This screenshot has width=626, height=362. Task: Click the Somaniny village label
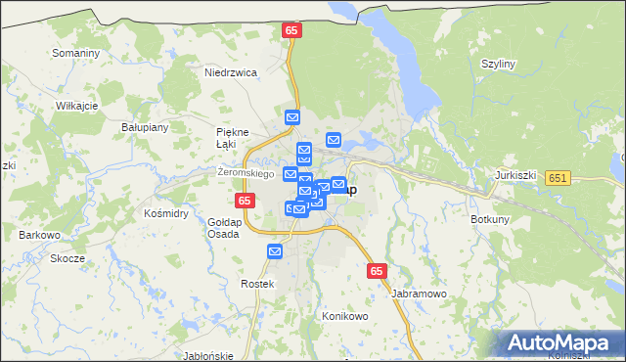pyautogui.click(x=76, y=52)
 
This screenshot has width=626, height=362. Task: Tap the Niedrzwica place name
pyautogui.click(x=230, y=72)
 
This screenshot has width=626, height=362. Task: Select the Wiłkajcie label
pyautogui.click(x=77, y=105)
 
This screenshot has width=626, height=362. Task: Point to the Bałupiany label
pyautogui.click(x=146, y=127)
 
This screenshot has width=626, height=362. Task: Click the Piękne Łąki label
pyautogui.click(x=233, y=138)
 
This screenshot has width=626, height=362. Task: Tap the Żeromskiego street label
pyautogui.click(x=245, y=172)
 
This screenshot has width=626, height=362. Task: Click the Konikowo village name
pyautogui.click(x=344, y=317)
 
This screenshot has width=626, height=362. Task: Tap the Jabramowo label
pyautogui.click(x=419, y=293)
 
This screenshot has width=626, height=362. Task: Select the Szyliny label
pyautogui.click(x=498, y=64)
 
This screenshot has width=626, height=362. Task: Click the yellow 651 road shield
pyautogui.click(x=559, y=178)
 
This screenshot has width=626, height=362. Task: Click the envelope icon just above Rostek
pyautogui.click(x=275, y=251)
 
